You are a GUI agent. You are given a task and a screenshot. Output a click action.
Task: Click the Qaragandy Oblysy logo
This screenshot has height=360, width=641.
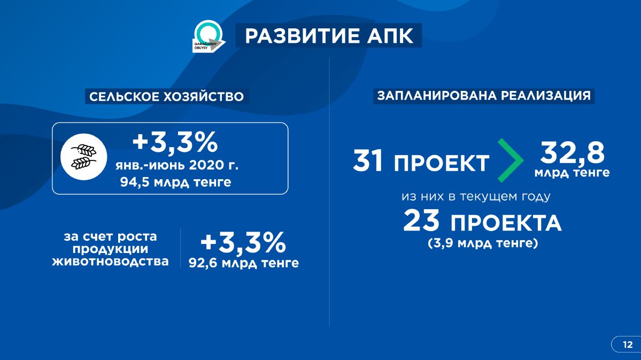click(208, 36)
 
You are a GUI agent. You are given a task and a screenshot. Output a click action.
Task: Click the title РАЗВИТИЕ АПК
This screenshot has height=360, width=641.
click(329, 36)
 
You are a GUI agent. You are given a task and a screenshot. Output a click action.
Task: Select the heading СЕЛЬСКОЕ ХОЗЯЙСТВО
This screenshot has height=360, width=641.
click(166, 96)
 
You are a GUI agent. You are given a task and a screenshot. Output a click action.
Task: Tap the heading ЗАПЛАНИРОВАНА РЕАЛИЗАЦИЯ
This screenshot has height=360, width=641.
click(484, 96)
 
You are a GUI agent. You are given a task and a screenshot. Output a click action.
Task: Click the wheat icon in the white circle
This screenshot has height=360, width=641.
click(84, 157)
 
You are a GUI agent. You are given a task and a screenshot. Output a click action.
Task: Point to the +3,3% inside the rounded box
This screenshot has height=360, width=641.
click(175, 142)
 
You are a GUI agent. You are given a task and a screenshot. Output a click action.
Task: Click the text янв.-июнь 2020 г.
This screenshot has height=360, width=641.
click(176, 165)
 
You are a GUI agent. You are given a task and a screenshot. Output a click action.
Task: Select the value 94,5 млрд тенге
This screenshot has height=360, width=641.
click(175, 182)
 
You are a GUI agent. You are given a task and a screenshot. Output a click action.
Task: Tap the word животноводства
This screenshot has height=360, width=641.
click(110, 262)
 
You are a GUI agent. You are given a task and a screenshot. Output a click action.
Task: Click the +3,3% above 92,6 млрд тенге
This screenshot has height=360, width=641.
click(243, 243)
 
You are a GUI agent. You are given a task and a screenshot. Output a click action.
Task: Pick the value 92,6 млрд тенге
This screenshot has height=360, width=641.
click(244, 263)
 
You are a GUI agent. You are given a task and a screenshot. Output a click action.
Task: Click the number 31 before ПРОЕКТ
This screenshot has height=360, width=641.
click(368, 160)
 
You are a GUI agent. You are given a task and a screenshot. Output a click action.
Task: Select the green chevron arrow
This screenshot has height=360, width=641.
click(511, 160)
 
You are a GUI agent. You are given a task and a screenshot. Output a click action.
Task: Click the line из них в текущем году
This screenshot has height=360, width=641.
click(476, 197)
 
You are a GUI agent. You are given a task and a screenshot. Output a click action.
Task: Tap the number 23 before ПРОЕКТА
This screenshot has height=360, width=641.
click(421, 220)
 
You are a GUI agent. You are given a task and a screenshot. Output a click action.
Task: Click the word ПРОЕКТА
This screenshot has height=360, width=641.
click(506, 223)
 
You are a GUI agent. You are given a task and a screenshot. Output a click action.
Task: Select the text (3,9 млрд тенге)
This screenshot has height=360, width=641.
click(483, 243)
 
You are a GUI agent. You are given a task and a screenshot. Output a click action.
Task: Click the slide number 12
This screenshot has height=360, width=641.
click(628, 344)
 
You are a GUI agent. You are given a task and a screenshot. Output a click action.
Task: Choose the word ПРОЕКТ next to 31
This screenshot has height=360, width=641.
click(442, 163)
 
